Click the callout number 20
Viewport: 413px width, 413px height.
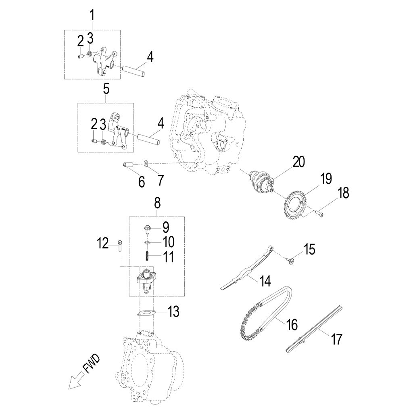298,162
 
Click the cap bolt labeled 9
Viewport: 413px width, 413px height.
147,229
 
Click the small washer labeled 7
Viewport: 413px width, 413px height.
146,163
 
